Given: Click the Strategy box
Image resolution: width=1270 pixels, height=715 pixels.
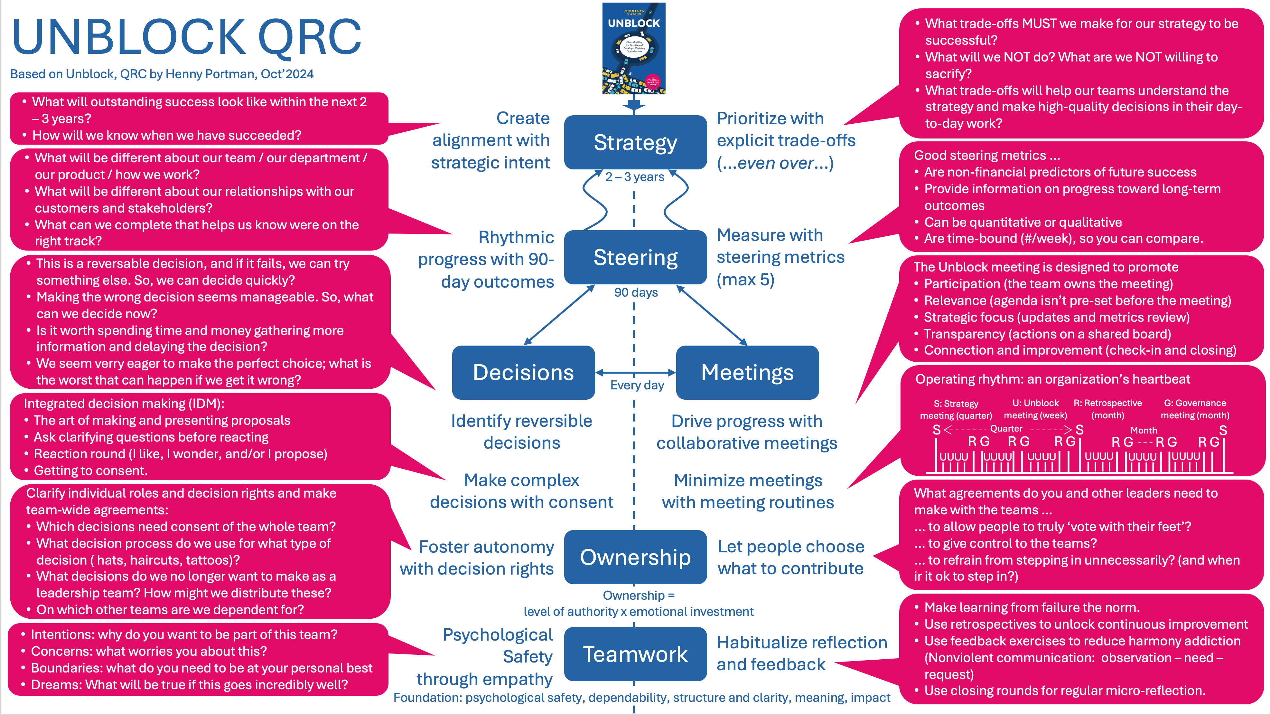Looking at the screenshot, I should (635, 143).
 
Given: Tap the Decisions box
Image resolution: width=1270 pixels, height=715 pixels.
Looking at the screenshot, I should (523, 373).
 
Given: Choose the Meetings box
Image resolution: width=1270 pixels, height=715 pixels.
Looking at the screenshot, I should (747, 373).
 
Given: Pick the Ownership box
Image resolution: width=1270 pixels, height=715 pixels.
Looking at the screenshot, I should (635, 557).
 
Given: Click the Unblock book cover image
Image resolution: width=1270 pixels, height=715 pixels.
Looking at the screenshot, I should (633, 48).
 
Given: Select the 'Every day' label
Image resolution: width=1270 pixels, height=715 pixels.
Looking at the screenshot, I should (637, 386).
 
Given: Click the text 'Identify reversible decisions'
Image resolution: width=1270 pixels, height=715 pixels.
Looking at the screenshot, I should (522, 432).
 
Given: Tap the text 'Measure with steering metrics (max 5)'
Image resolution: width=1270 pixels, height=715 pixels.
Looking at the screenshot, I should (780, 257).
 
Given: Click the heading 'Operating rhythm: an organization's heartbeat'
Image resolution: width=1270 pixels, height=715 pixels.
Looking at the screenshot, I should (1052, 379).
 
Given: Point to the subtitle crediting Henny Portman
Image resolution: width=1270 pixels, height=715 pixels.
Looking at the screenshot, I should (162, 74).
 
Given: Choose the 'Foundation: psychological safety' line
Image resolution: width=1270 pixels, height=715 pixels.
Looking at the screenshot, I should (641, 698).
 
